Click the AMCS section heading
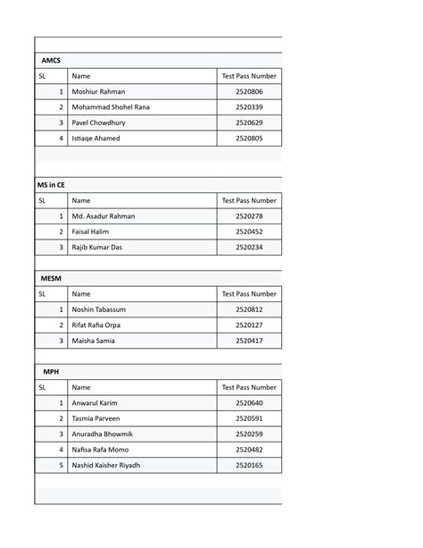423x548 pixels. pyautogui.click(x=51, y=61)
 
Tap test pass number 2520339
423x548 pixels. pyautogui.click(x=249, y=107)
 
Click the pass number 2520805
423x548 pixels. pyautogui.click(x=249, y=139)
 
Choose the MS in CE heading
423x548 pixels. pyautogui.click(x=51, y=185)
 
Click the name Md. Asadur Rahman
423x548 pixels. pyautogui.click(x=104, y=216)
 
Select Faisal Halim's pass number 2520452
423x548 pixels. pyautogui.click(x=249, y=232)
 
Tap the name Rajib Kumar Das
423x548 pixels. pyautogui.click(x=98, y=247)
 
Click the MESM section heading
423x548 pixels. pyautogui.click(x=53, y=278)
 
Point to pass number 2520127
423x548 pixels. pyautogui.click(x=249, y=325)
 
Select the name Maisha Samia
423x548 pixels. pyautogui.click(x=94, y=341)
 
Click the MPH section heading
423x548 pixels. pyautogui.click(x=51, y=371)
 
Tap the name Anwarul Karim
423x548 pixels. pyautogui.click(x=95, y=403)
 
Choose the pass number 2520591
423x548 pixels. pyautogui.click(x=249, y=418)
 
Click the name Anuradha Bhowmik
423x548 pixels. pyautogui.click(x=102, y=434)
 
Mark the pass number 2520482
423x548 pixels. pyautogui.click(x=249, y=450)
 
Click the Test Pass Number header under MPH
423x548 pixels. pyautogui.click(x=249, y=388)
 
